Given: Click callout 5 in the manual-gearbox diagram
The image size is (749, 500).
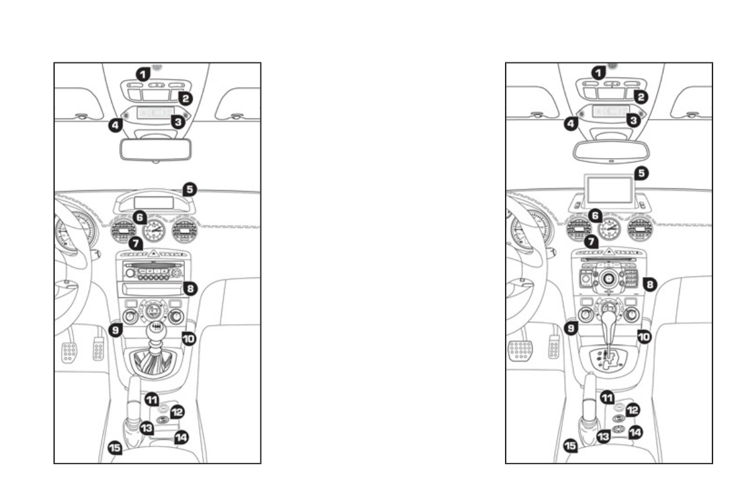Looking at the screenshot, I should click(x=189, y=188).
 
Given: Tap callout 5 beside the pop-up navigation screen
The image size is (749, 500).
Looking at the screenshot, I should click(x=641, y=171).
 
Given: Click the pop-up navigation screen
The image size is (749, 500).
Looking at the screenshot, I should click(x=609, y=190).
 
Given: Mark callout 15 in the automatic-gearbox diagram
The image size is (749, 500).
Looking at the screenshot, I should click(x=569, y=446).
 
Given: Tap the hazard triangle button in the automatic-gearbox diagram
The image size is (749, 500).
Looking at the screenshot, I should click(x=608, y=251).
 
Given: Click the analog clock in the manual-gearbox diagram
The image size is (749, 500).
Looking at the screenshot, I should click(x=155, y=232).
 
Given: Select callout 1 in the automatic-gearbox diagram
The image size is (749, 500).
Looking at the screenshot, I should click(x=601, y=73).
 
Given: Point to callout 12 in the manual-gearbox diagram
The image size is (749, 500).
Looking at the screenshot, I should click(x=177, y=412).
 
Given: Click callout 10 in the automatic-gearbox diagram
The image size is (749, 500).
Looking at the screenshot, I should click(x=643, y=337).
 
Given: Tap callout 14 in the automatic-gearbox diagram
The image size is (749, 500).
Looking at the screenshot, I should click(x=635, y=433).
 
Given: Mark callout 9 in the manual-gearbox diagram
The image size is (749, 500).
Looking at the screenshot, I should click(x=114, y=328).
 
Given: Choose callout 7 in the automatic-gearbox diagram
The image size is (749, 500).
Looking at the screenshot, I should click(x=590, y=241).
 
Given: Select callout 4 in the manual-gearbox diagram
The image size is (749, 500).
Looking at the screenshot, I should click(x=115, y=125).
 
